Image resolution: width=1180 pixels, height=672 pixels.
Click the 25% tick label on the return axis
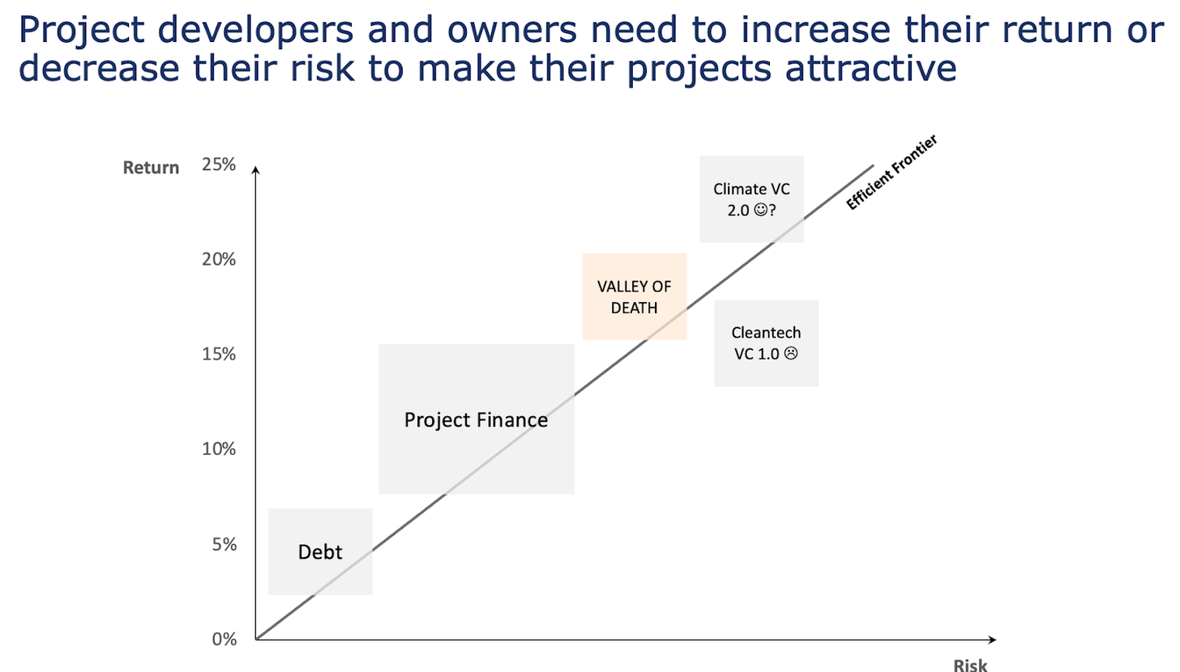[219, 164]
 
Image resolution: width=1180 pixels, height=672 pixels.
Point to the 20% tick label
[219, 259]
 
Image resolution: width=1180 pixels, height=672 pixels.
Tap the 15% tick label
[219, 354]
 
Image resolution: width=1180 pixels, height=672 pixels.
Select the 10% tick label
[219, 449]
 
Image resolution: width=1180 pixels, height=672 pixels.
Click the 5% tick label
[224, 544]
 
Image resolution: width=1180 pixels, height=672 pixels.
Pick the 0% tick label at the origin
[224, 639]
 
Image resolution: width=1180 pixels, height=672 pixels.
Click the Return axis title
[151, 168]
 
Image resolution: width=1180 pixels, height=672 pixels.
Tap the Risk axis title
[970, 666]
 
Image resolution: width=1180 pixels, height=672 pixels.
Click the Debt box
[320, 551]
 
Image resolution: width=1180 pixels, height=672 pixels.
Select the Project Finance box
[477, 419]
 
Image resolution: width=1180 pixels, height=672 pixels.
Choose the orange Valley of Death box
[635, 296]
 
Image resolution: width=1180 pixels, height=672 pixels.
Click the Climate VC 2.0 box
[752, 199]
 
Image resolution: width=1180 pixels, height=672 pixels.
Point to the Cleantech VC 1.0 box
[767, 343]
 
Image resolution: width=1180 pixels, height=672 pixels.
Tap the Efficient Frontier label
[891, 172]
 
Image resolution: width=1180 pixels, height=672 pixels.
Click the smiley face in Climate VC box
[760, 210]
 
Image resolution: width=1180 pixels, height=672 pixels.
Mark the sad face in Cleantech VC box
[791, 354]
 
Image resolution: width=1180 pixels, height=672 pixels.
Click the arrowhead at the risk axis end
[993, 640]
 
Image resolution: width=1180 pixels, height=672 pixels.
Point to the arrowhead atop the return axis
[255, 170]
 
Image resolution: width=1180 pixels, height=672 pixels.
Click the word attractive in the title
[870, 68]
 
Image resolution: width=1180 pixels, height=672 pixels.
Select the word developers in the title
[255, 29]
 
